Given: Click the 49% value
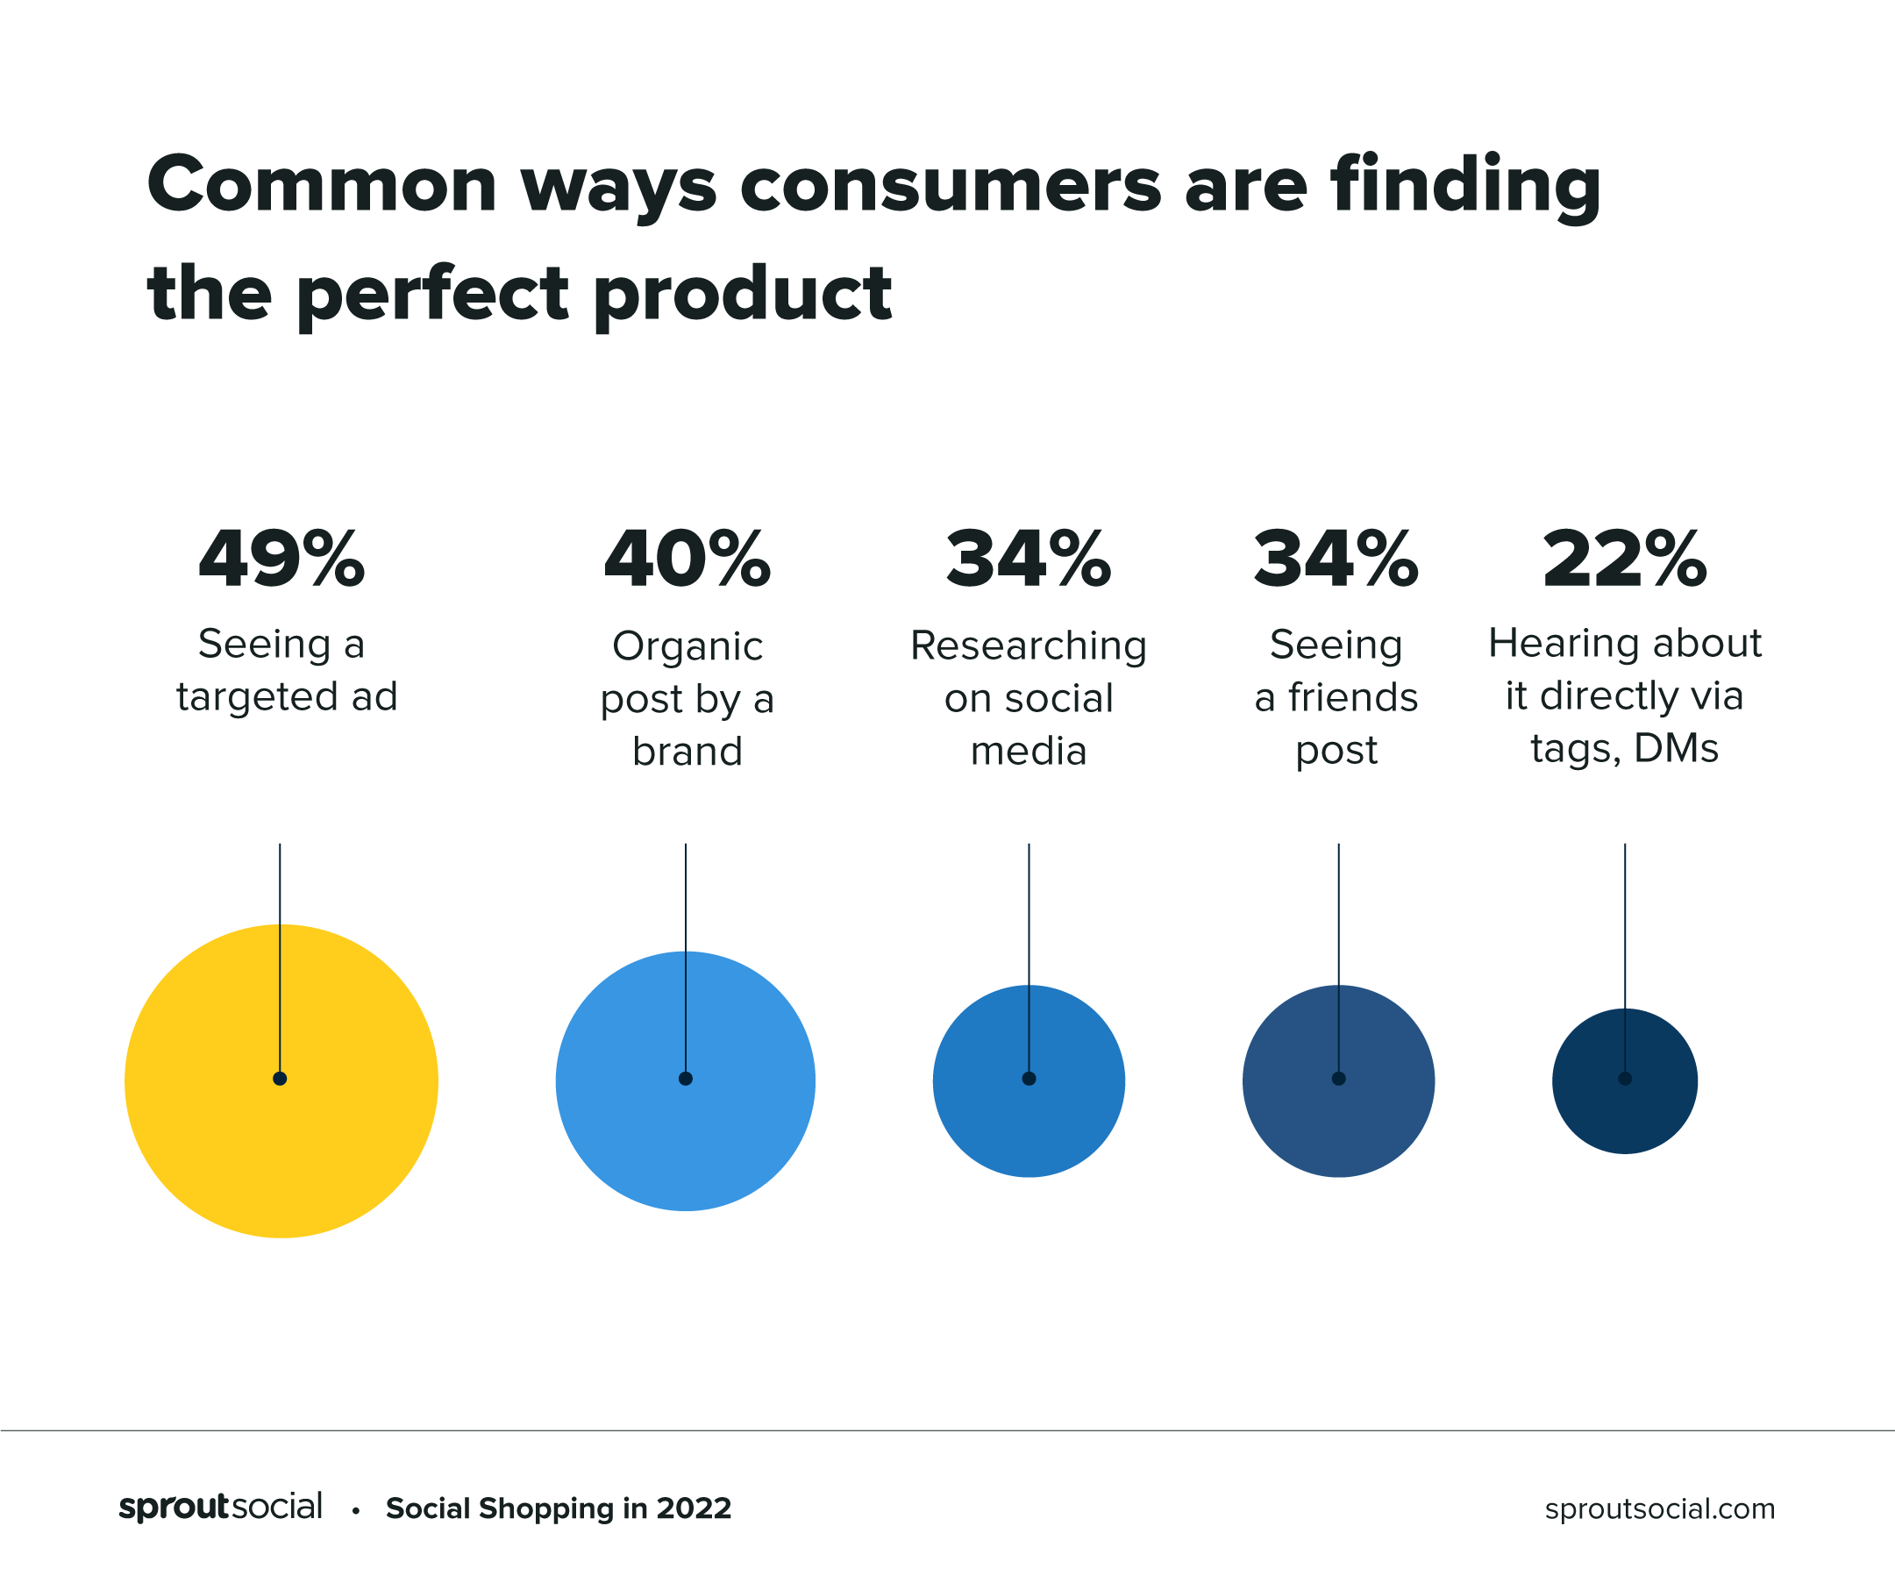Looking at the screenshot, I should point(281,560).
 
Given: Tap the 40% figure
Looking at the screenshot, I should point(687,560).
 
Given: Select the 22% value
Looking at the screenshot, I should point(1624,560).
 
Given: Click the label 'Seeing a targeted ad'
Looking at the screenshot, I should point(286,671).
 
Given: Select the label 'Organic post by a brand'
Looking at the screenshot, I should point(687,699).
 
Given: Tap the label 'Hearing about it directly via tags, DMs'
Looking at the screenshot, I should point(1624,695).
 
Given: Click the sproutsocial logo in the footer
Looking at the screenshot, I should point(220,1508).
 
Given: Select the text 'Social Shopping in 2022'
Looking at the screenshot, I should point(558,1508).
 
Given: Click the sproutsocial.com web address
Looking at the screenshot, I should point(1659,1508).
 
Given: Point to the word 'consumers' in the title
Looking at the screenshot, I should point(951,186).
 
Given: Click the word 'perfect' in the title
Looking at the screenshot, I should point(432,294).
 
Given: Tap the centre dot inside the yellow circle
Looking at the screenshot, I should point(280,1079).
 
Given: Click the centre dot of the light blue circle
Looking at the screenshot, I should point(686,1079).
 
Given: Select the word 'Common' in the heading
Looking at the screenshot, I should point(322,186).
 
